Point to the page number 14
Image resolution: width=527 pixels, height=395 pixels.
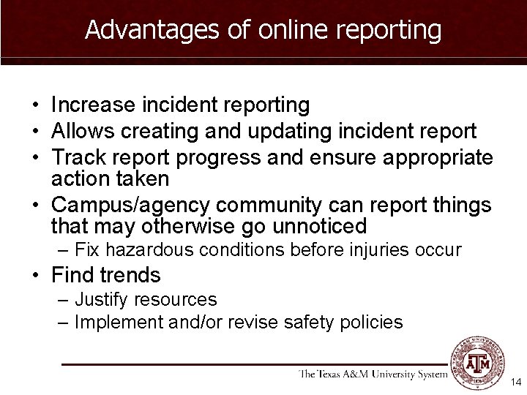coord(515,382)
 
